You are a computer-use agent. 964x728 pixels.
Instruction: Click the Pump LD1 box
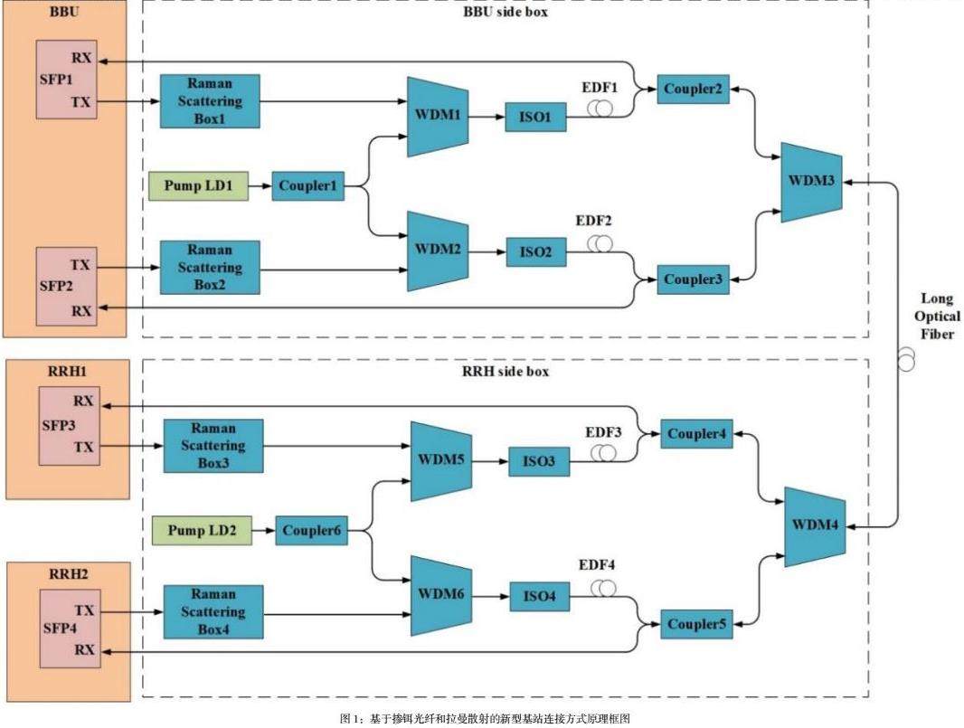pos(197,187)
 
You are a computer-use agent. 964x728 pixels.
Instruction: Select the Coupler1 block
pos(307,187)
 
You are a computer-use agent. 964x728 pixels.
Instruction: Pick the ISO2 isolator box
pos(535,252)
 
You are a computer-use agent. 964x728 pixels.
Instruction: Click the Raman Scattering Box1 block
pos(210,99)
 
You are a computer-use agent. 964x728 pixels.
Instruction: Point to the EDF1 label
pos(599,88)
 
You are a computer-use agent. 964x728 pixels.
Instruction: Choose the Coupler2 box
pos(693,89)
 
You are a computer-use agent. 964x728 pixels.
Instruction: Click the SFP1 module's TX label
pos(81,102)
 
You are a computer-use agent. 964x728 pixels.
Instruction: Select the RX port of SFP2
pos(81,310)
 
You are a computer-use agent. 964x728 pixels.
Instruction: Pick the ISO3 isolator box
pos(539,462)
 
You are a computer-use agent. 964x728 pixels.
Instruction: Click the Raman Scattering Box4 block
pos(213,611)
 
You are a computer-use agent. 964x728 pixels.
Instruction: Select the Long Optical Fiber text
pos(937,317)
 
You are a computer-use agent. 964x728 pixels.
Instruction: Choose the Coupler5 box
pos(695,624)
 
